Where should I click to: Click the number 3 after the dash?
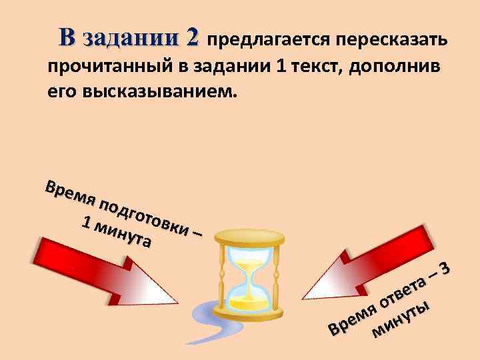pyautogui.click(x=448, y=268)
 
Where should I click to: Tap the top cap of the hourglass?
pyautogui.click(x=250, y=235)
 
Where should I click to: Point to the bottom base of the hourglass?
pyautogui.click(x=249, y=315)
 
